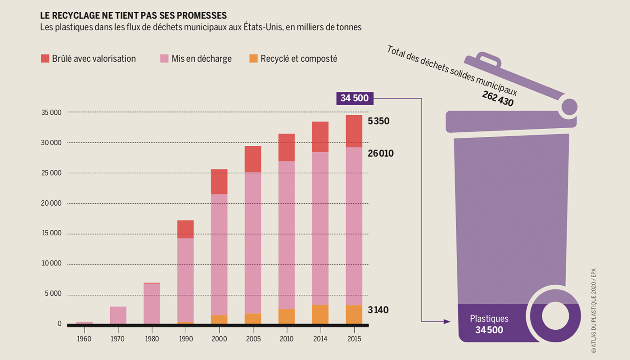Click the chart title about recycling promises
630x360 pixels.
tap(133, 15)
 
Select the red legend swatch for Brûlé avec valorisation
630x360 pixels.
tap(45, 58)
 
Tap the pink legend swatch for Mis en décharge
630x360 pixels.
tap(164, 58)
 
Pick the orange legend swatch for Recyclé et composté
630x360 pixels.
tap(253, 58)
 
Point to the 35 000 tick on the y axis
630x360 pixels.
tap(51, 112)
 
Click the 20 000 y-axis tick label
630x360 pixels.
tap(51, 203)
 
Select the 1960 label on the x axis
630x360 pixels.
tap(84, 339)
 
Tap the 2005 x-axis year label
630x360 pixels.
tap(253, 339)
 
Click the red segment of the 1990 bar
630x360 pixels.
tap(185, 229)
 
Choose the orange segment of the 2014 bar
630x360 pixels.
tap(320, 314)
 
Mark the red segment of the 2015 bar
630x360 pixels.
tap(354, 131)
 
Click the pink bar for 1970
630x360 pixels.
tap(118, 315)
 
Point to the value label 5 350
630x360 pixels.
tap(378, 121)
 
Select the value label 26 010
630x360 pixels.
tap(381, 153)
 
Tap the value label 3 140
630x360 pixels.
tap(378, 310)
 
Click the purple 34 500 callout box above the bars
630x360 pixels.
tap(355, 98)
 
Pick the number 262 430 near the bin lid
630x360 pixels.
tap(498, 99)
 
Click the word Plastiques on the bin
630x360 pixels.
tap(489, 319)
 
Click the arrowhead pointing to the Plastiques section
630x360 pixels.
tap(447, 321)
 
